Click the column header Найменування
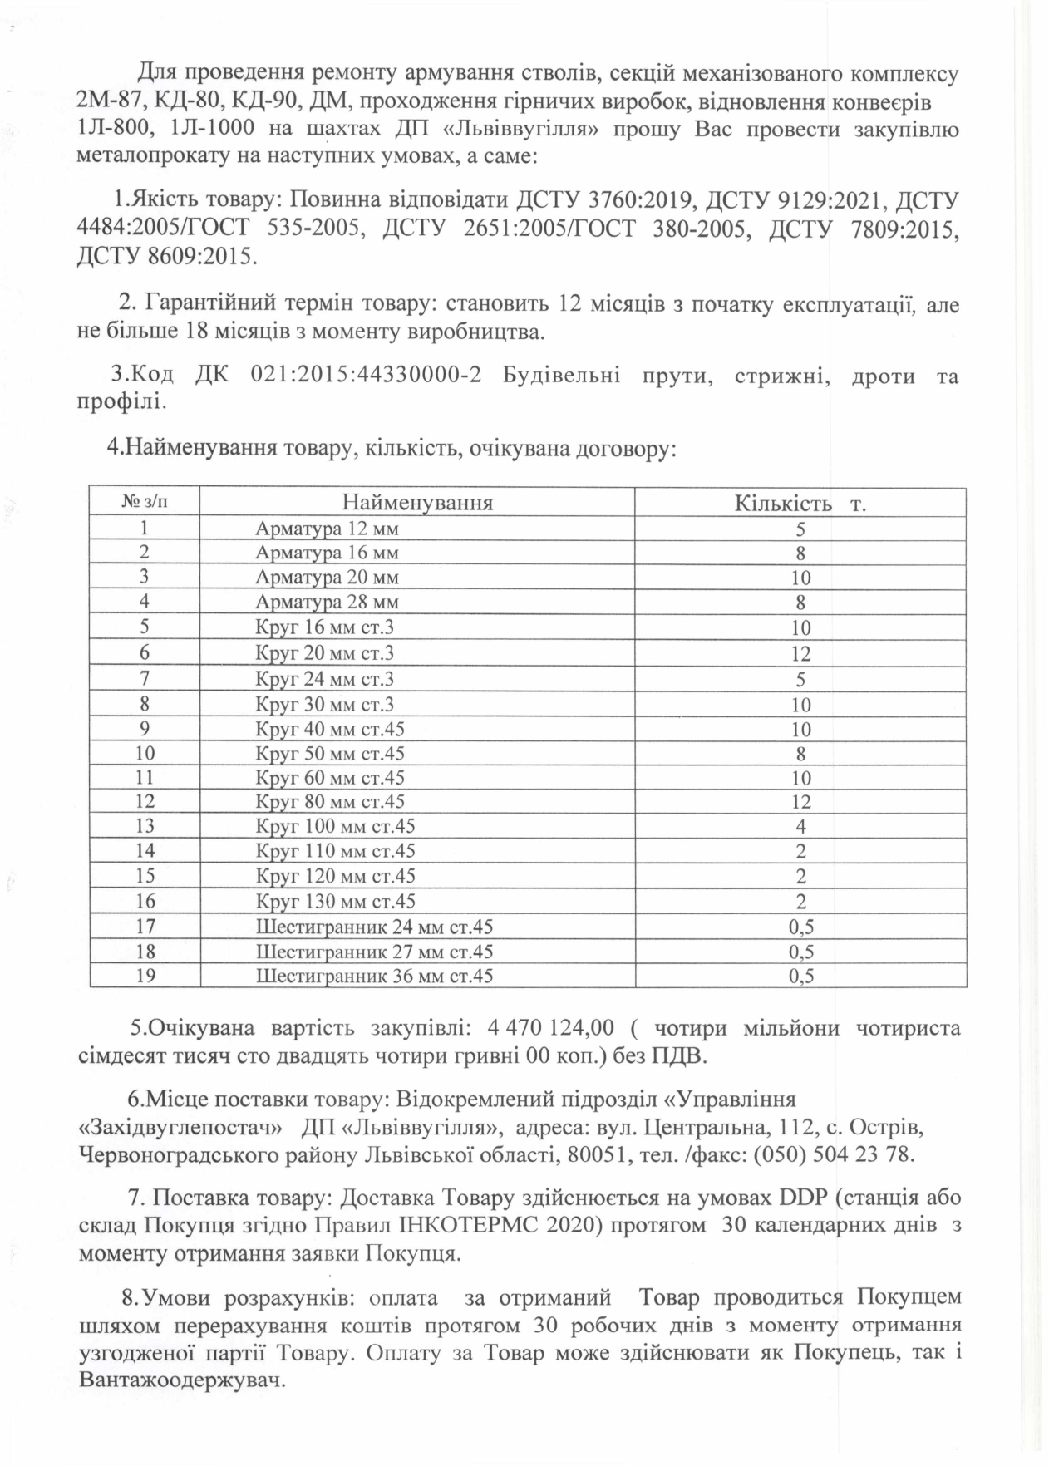coord(416,503)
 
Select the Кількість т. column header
coord(800,504)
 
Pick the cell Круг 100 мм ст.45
coord(335,826)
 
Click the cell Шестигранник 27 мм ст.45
coord(374,952)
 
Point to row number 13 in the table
coord(145,826)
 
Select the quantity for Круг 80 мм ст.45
coord(800,802)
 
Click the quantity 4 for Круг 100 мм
coord(800,827)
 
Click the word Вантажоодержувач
coord(182,1381)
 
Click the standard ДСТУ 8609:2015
coord(163,255)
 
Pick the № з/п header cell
coord(145,502)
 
